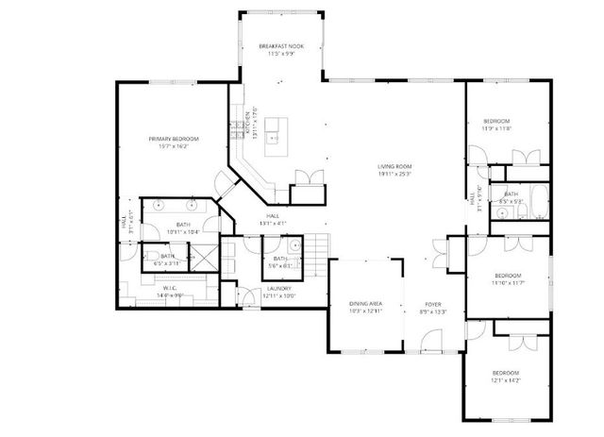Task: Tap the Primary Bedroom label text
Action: pyautogui.click(x=173, y=139)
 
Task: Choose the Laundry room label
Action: pyautogui.click(x=279, y=288)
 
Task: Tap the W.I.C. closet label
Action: pyautogui.click(x=170, y=288)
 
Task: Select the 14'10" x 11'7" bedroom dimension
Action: pyautogui.click(x=507, y=283)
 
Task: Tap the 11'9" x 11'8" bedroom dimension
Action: pyautogui.click(x=497, y=129)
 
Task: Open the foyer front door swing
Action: pyautogui.click(x=431, y=338)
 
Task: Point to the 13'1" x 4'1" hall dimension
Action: pyautogui.click(x=272, y=223)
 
